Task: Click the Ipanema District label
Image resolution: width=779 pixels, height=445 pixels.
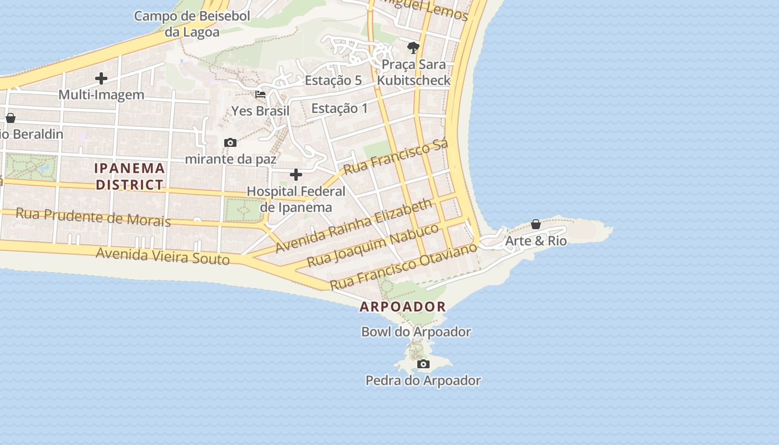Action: coord(130,176)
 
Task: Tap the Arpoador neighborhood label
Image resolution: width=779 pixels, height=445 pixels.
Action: coord(403,306)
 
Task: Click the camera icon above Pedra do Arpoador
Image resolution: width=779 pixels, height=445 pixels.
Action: coord(423,364)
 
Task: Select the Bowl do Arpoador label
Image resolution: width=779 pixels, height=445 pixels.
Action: coord(416,332)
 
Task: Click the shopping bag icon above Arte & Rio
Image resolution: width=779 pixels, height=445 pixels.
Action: coord(535,224)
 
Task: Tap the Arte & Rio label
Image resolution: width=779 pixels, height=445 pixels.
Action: coord(535,241)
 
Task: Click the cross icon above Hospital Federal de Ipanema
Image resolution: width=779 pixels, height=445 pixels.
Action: coord(296,175)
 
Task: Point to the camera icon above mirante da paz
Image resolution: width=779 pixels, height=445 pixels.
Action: coord(230,143)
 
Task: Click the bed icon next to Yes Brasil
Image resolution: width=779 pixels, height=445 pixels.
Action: coord(260,95)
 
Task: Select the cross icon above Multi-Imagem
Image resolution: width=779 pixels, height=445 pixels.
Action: coord(101,78)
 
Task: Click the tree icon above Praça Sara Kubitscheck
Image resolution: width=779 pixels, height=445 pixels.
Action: coord(413,47)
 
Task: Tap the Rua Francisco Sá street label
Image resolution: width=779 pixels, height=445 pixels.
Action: coord(396,157)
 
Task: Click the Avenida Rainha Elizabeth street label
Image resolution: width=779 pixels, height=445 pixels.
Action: coord(353,225)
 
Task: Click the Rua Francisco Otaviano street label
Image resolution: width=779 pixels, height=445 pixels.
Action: coord(403,266)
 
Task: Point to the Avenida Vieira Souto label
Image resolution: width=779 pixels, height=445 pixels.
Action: coord(162,256)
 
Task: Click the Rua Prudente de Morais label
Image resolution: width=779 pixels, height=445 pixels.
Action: coord(93,217)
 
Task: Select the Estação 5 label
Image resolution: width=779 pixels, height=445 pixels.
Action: coord(333,80)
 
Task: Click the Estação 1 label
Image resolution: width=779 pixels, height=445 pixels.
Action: coord(339,108)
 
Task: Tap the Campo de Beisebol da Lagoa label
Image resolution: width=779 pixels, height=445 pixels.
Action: coord(192,24)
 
